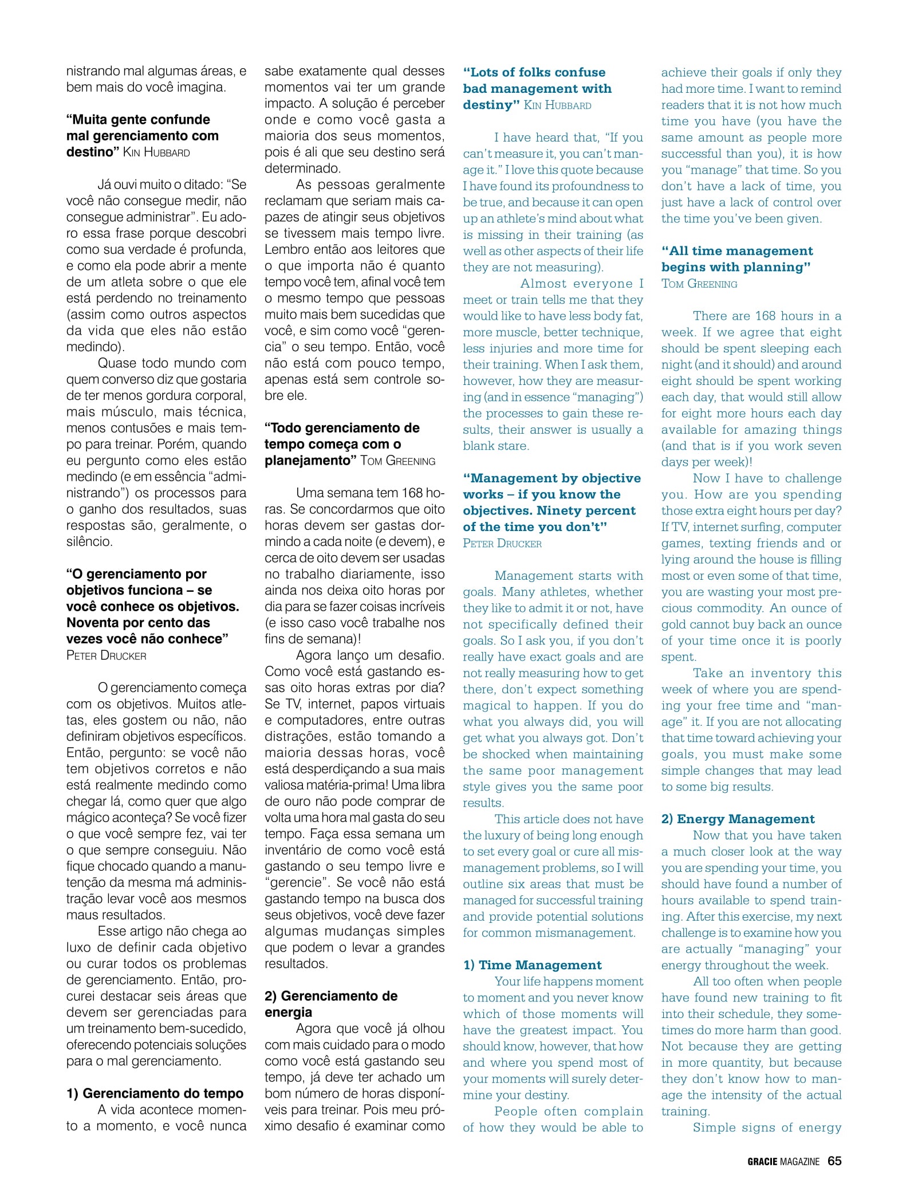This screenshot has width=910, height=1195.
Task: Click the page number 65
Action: click(x=834, y=1161)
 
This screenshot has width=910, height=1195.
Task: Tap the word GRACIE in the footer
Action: click(x=762, y=1161)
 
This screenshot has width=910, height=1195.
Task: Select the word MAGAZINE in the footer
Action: click(x=801, y=1161)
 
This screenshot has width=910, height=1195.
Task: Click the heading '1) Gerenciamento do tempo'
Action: click(x=155, y=1094)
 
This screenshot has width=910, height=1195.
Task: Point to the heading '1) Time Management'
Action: click(x=533, y=965)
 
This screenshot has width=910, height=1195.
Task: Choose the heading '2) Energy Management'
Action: click(x=738, y=819)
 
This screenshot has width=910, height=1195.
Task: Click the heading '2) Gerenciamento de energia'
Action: click(x=331, y=1004)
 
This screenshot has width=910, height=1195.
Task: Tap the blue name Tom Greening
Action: click(x=699, y=284)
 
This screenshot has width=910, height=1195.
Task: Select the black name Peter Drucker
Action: click(x=107, y=655)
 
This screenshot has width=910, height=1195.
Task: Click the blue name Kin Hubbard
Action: click(x=558, y=105)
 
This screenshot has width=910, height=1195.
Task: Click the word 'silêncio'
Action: click(x=89, y=541)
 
